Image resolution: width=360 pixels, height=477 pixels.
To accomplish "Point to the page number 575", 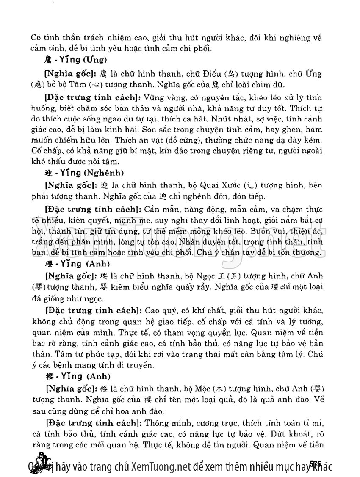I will (317, 463).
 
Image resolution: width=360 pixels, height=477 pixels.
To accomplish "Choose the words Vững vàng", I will (158, 97).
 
